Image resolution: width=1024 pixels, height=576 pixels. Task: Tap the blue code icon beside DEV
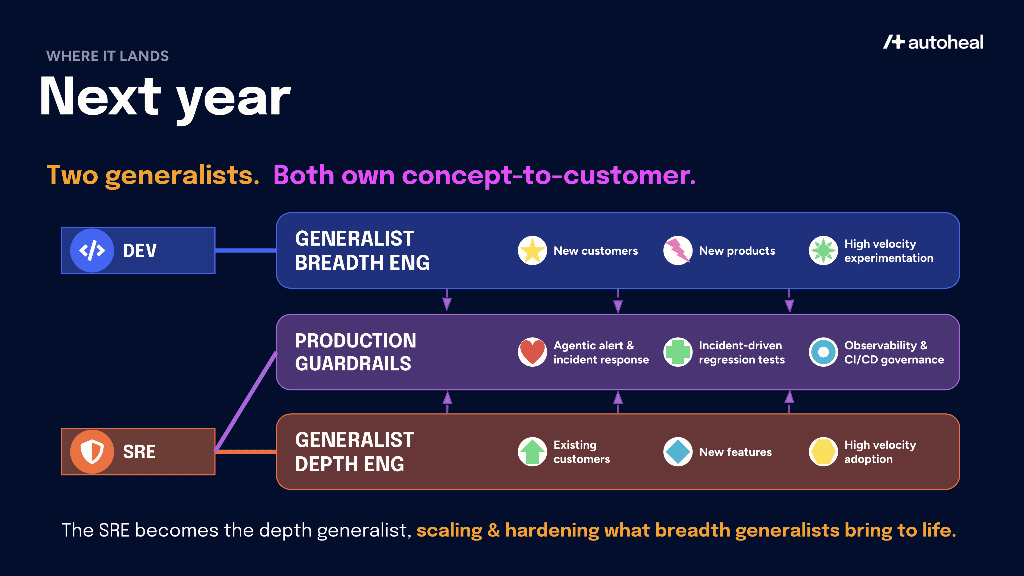92,250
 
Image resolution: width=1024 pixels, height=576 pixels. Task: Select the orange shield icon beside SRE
92,451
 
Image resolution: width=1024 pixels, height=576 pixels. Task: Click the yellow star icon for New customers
532,250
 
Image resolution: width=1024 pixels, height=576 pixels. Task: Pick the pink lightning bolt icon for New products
678,250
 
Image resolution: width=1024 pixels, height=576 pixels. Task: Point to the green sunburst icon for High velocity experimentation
823,250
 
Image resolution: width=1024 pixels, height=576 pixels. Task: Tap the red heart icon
532,352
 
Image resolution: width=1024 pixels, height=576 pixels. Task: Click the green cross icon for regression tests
678,352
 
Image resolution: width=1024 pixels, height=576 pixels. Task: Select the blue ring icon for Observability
823,352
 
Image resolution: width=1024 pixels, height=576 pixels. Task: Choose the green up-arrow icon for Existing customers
532,451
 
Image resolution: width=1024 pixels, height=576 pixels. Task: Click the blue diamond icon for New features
678,451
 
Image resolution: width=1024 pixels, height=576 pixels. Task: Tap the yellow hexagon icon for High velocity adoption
823,451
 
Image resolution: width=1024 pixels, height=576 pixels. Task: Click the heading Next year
165,97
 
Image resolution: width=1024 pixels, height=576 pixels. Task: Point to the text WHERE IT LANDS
107,56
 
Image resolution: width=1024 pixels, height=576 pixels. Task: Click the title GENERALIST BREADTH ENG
362,250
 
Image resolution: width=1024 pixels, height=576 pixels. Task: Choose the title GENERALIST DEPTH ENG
354,451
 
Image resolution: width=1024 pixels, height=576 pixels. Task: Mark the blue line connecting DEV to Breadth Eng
245,250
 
